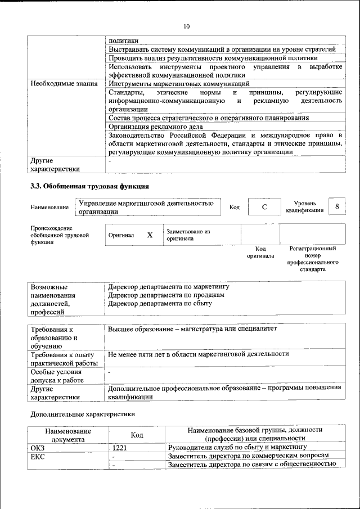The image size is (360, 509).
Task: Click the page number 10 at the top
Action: pos(186,26)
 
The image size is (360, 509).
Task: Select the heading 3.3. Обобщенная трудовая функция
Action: pos(89,186)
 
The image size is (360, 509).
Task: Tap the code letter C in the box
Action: pos(264,207)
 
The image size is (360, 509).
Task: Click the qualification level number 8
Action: pos(336,206)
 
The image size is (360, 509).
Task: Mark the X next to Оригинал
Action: pos(150,235)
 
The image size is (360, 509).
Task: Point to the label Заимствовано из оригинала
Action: pos(187,235)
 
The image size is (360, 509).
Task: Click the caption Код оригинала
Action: pos(260,252)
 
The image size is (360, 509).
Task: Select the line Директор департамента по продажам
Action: pos(166,295)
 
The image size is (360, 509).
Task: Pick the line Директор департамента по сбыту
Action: pos(160,303)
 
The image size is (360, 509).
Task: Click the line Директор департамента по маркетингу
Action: pos(169,286)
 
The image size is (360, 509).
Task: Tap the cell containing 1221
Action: pos(119,448)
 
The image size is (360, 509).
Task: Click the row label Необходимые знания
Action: pos(64,83)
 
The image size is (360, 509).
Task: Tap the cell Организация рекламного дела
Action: pos(155,127)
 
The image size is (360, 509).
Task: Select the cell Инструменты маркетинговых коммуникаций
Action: pos(178,83)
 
